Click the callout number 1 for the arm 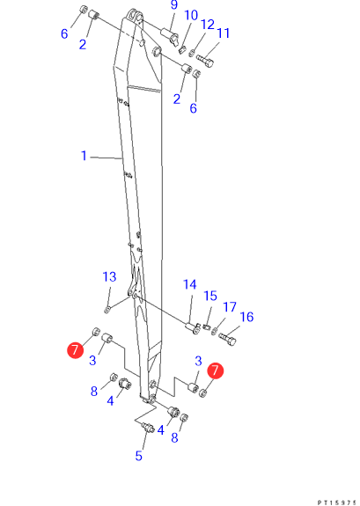coord(84,156)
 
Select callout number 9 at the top coord(174,5)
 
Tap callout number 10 coord(191,15)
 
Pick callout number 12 coord(207,25)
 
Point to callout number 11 coord(223,33)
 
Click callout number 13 coord(109,277)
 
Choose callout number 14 coord(189,284)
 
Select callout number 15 coord(210,296)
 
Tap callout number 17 coord(230,307)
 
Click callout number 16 coord(246,317)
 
